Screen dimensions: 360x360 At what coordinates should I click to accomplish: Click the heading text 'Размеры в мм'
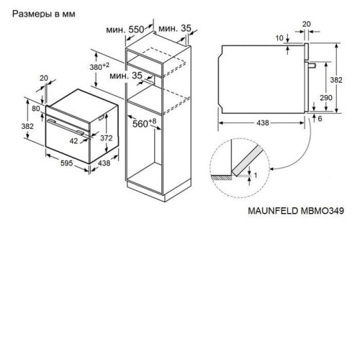pos(44,14)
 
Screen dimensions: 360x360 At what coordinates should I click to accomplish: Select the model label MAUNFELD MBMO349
pos(296,211)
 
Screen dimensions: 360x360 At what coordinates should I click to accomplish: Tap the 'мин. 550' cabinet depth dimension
pos(125,30)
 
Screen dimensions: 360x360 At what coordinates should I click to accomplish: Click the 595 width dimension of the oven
pos(66,163)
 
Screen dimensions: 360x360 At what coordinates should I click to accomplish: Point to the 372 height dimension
pos(106,138)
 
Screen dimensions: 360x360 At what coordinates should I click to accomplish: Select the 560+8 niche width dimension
pos(145,123)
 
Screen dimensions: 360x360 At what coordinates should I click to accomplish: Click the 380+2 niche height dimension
pos(99,66)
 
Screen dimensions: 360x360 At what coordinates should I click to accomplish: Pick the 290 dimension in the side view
pos(326,98)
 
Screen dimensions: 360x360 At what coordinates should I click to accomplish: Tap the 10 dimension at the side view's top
pos(279,38)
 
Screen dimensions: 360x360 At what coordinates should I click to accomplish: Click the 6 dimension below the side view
pos(320,119)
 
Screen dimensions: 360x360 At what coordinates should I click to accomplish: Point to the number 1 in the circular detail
pos(256,176)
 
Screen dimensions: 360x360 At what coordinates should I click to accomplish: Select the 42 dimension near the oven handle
pos(73,141)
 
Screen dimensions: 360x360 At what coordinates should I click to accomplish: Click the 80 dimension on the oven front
pos(36,109)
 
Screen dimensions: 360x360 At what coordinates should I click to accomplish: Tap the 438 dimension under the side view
pos(263,123)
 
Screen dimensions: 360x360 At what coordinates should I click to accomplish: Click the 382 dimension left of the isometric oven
pos(27,126)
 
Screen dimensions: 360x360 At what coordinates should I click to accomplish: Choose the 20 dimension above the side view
pos(307,24)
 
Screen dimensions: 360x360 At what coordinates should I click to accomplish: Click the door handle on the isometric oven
pos(66,127)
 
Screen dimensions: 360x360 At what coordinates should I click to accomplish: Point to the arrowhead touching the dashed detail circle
pos(272,169)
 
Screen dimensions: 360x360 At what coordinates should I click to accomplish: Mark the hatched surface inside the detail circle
pos(221,177)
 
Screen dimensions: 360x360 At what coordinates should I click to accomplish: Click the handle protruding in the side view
pos(310,65)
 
